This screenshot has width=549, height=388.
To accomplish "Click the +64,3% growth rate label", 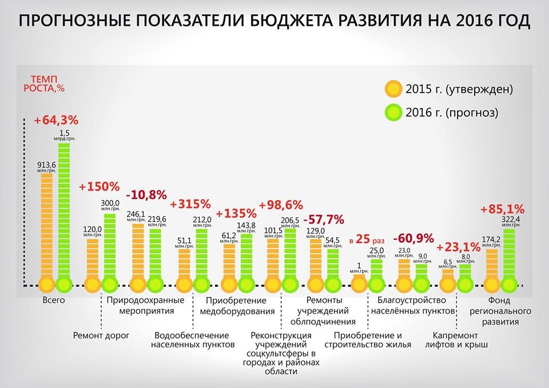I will (55, 121).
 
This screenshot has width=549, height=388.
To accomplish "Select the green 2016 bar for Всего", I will (64, 212).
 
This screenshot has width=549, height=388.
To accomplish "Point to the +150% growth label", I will (99, 187).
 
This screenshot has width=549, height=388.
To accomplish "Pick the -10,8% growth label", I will (146, 195).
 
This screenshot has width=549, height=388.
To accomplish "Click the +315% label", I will (190, 204).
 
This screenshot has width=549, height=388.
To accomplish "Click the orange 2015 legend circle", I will (393, 89).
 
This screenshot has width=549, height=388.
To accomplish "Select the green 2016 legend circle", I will (393, 112).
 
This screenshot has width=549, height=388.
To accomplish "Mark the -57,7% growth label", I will (323, 219).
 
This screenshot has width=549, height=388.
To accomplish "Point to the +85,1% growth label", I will (503, 208).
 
